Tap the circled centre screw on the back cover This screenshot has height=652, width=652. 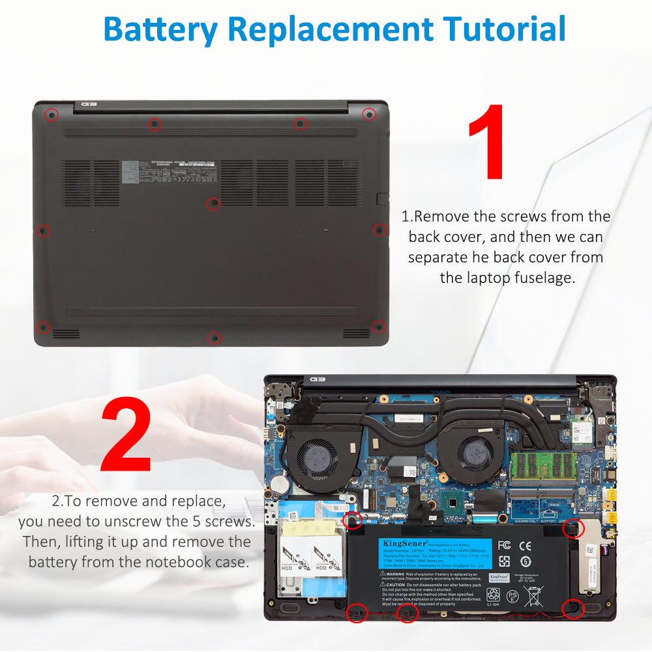click(213, 204)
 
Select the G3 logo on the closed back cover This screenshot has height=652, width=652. click(89, 104)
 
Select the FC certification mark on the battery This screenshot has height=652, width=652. click(504, 545)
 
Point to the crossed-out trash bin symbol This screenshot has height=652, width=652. click(533, 596)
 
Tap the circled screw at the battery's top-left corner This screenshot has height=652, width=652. click(353, 520)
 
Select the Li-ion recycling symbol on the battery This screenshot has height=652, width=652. click(494, 596)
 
